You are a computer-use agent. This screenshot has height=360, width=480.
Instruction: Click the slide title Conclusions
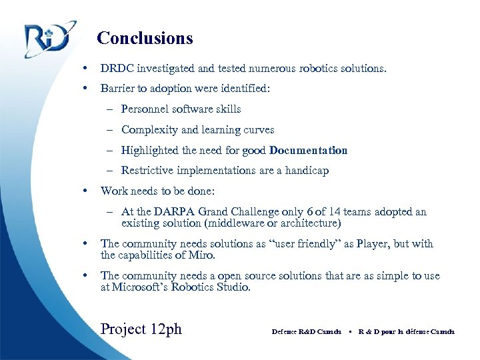point(145,38)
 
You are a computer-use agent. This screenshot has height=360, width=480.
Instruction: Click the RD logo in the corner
point(46,40)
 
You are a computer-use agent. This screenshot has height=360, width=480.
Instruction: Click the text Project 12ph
point(141,329)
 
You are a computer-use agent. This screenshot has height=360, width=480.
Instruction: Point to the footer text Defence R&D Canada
point(307,331)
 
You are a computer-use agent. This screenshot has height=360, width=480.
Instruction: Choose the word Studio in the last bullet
point(233,287)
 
